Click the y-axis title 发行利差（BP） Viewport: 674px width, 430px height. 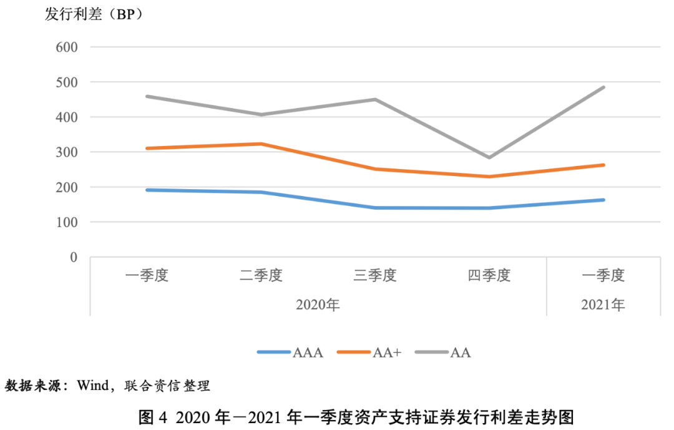tap(94, 14)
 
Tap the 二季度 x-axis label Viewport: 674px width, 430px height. tap(261, 276)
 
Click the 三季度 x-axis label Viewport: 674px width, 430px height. tap(375, 276)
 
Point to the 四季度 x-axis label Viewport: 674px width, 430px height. tap(489, 276)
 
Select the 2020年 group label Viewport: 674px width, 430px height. tap(318, 305)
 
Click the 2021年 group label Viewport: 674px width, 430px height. tap(603, 305)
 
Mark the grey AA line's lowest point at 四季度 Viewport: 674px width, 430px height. tap(489, 157)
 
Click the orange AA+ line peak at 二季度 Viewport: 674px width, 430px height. tap(261, 144)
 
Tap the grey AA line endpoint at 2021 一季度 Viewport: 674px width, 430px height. tap(603, 87)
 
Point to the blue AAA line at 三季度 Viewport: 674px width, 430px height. tap(375, 208)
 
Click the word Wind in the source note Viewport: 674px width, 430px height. tap(92, 386)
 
